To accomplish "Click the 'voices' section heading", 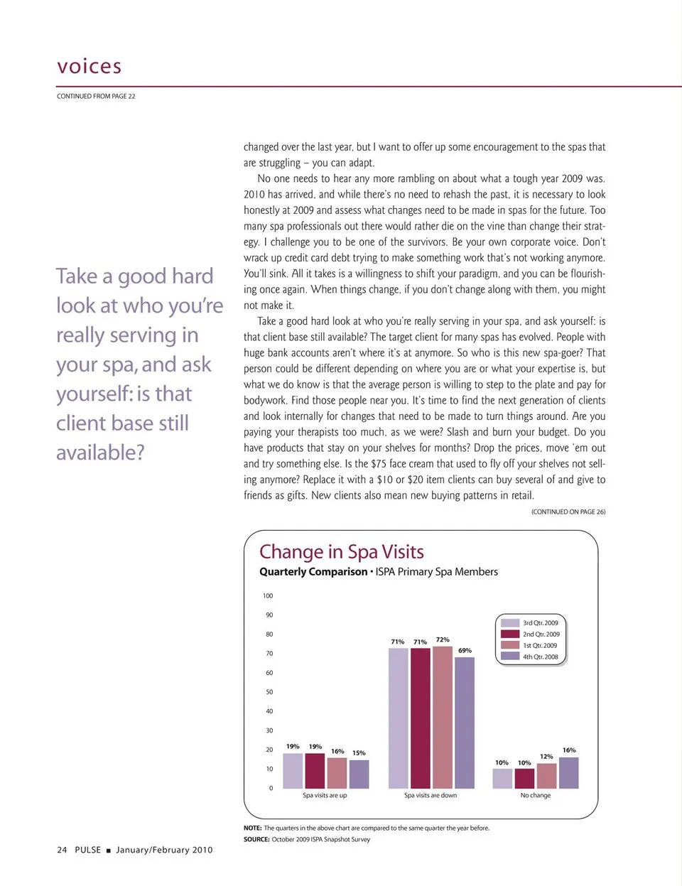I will pyautogui.click(x=89, y=66).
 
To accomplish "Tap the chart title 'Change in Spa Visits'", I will pyautogui.click(x=341, y=552).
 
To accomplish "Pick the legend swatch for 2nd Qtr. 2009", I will pyautogui.click(x=510, y=634).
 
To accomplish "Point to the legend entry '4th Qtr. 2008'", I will pyautogui.click(x=540, y=657).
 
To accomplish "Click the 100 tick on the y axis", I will pyautogui.click(x=268, y=596).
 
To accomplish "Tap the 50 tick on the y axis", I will pyautogui.click(x=269, y=692).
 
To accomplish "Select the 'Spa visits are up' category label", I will pyautogui.click(x=325, y=796).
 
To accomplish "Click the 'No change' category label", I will pyautogui.click(x=535, y=796).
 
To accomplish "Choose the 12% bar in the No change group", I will pyautogui.click(x=546, y=776).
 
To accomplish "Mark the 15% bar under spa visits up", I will pyautogui.click(x=359, y=774).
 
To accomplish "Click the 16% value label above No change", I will pyautogui.click(x=569, y=750).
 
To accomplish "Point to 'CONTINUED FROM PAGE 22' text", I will pyautogui.click(x=96, y=96).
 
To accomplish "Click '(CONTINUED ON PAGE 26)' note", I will pyautogui.click(x=568, y=512).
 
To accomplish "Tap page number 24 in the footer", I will pyautogui.click(x=62, y=850).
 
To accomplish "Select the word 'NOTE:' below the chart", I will pyautogui.click(x=253, y=828).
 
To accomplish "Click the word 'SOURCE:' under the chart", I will pyautogui.click(x=256, y=840).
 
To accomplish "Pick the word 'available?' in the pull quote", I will pyautogui.click(x=100, y=453).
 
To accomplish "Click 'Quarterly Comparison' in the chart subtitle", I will pyautogui.click(x=313, y=572).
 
